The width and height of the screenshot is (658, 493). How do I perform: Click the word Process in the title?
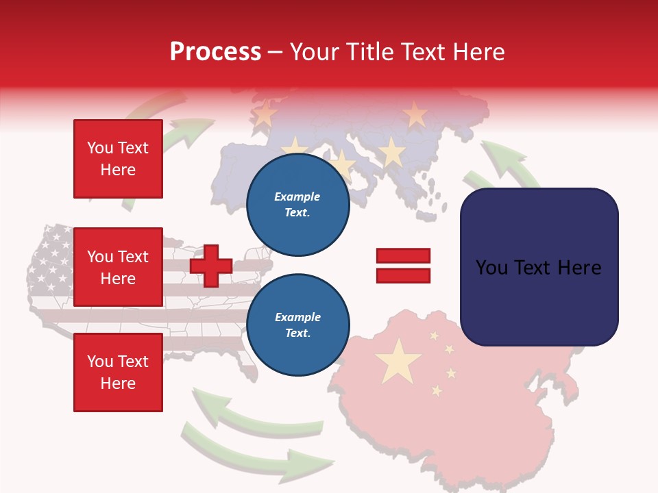pyautogui.click(x=215, y=52)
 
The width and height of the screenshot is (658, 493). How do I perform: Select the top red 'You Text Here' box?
pyautogui.click(x=118, y=159)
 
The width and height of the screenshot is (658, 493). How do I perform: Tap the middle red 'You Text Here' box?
pyautogui.click(x=118, y=267)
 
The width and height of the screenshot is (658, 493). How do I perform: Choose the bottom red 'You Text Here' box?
pyautogui.click(x=118, y=372)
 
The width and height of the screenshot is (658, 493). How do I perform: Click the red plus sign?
pyautogui.click(x=211, y=266)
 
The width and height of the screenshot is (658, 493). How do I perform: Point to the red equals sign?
pyautogui.click(x=403, y=266)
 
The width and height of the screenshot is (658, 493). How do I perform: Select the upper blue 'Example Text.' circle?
pyautogui.click(x=297, y=205)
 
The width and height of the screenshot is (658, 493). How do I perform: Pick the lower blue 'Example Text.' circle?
pyautogui.click(x=297, y=325)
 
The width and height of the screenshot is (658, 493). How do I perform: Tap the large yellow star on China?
pyautogui.click(x=398, y=361)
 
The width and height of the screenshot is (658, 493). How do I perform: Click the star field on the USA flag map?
pyautogui.click(x=51, y=260)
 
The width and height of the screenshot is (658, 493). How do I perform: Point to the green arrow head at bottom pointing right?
pyautogui.click(x=308, y=462)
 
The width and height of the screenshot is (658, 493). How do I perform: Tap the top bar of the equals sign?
pyautogui.click(x=403, y=256)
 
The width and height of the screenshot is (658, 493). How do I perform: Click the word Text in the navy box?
pyautogui.click(x=538, y=268)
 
